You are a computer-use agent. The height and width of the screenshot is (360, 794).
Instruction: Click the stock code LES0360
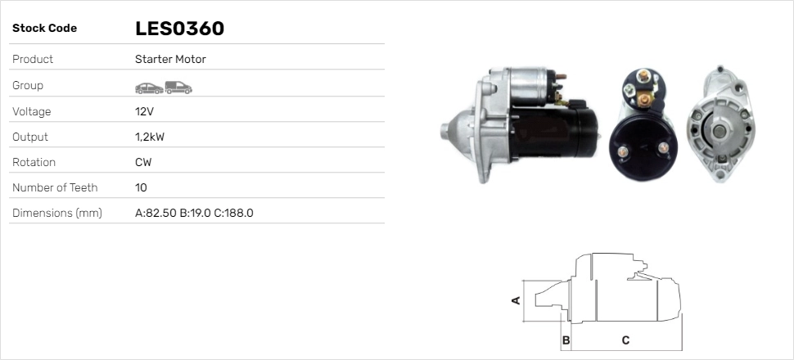tap(179, 29)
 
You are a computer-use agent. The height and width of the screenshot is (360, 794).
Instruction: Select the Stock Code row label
tap(44, 29)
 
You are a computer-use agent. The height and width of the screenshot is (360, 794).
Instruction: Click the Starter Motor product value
tap(170, 60)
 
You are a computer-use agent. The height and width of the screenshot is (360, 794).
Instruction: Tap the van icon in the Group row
tap(178, 86)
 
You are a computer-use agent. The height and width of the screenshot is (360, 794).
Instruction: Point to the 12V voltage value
tap(144, 111)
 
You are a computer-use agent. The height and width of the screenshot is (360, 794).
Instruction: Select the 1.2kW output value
tap(149, 137)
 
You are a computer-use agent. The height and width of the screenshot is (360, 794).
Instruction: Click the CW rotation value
tap(143, 162)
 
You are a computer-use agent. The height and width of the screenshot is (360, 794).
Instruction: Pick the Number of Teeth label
tap(55, 187)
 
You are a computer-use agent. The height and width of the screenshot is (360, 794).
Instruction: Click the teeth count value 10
tap(141, 187)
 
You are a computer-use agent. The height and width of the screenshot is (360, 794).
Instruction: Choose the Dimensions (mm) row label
tap(56, 213)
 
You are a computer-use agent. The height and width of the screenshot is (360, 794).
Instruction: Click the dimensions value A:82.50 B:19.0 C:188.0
tap(194, 213)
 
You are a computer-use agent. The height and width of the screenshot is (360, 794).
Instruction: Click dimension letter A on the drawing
tap(516, 299)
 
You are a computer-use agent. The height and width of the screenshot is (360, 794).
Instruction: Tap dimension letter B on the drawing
tap(566, 340)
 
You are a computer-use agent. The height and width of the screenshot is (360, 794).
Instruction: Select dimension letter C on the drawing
tap(625, 340)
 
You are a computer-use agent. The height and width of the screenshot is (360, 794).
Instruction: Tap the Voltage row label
tap(31, 111)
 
